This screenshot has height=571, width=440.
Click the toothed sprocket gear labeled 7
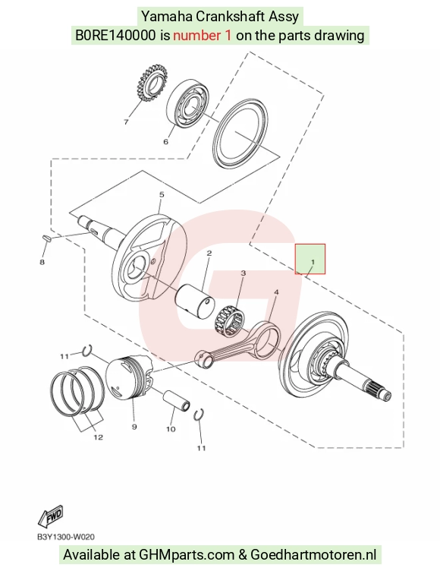click(x=152, y=83)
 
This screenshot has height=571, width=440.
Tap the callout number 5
click(x=162, y=195)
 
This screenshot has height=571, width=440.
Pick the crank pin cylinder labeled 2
click(x=195, y=301)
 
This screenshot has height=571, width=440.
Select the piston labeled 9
click(x=129, y=377)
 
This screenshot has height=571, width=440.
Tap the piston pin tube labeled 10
click(x=176, y=401)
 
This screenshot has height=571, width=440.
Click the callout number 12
click(x=99, y=437)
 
